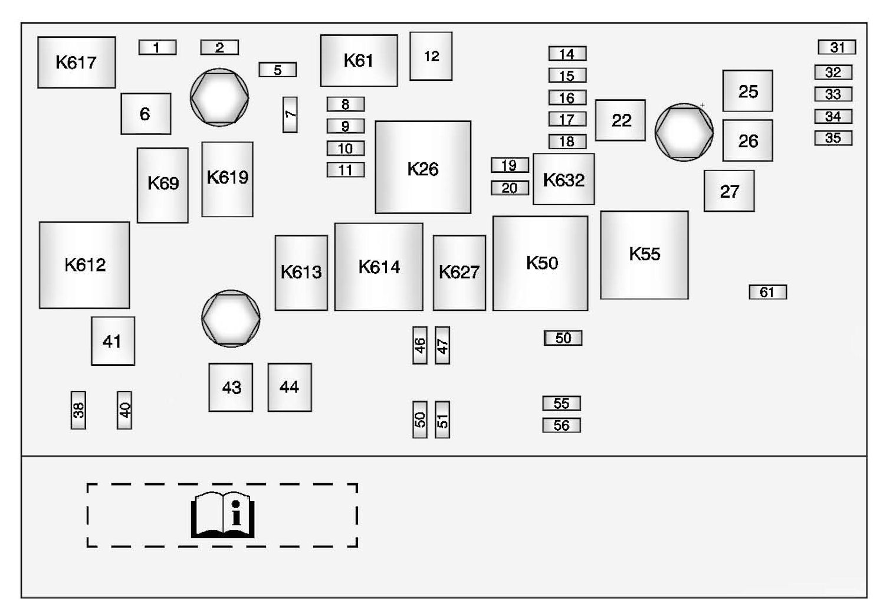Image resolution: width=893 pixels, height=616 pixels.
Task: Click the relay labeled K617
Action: (76, 63)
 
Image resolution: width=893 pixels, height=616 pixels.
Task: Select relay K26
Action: (423, 168)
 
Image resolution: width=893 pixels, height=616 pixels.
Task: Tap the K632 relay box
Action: (563, 179)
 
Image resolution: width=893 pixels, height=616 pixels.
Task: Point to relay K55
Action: (644, 255)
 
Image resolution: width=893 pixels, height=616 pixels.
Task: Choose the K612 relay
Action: (84, 265)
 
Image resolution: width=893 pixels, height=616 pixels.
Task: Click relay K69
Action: (163, 185)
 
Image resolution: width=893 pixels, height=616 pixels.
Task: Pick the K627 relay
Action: (459, 273)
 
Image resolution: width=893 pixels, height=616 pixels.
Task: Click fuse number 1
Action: (157, 47)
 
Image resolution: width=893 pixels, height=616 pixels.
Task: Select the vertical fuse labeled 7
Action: (290, 114)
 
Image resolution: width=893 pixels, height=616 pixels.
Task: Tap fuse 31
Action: (836, 47)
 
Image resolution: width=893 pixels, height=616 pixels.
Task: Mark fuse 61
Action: (767, 292)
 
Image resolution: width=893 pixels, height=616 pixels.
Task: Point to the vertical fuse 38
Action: (78, 410)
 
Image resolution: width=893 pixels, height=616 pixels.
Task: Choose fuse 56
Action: (562, 425)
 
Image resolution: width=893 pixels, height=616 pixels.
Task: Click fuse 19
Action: (510, 165)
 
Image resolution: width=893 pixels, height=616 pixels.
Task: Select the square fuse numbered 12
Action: (431, 56)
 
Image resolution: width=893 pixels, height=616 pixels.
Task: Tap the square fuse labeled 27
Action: (729, 191)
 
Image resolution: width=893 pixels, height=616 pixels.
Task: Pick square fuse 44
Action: (290, 387)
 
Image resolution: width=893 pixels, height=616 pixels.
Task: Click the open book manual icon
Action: (223, 515)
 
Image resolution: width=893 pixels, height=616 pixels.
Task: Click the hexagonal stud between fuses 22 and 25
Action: (684, 132)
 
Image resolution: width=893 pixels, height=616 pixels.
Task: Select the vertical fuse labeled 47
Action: (442, 345)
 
